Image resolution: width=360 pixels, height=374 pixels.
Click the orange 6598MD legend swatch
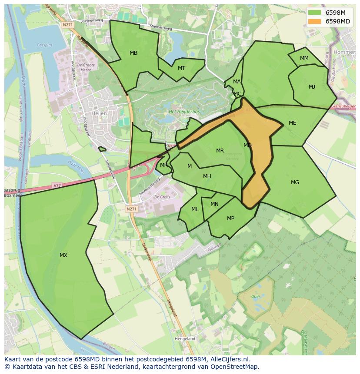[315, 21]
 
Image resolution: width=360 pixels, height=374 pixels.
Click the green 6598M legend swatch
[315, 13]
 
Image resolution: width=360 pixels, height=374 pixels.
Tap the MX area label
[63, 255]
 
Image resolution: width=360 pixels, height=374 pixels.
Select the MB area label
[133, 53]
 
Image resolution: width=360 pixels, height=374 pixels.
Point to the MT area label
[181, 68]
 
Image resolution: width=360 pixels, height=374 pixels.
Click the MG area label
[295, 182]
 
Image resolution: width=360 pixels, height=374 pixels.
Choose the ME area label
[292, 123]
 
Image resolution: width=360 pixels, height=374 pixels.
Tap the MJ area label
[312, 87]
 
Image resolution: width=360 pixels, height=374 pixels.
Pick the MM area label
[304, 58]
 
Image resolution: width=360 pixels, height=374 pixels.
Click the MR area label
[220, 151]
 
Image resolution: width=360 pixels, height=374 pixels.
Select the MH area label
[207, 176]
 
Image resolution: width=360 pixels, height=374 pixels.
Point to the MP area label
[230, 218]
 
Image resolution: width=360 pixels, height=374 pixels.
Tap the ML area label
[195, 209]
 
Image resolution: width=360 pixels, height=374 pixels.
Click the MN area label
[214, 204]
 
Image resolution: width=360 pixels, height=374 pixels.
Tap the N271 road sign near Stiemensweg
[67, 25]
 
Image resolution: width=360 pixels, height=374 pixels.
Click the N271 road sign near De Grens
[131, 209]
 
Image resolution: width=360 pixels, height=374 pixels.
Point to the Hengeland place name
[185, 338]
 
